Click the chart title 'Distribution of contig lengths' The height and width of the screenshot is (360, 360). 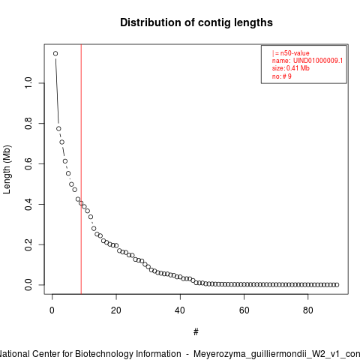click(196, 22)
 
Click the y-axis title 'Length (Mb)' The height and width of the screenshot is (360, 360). click(7, 169)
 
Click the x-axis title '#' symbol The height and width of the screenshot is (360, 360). click(196, 332)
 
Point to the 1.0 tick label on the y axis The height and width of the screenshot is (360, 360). click(28, 82)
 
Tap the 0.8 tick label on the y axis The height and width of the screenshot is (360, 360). click(28, 123)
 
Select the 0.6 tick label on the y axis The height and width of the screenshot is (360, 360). click(28, 163)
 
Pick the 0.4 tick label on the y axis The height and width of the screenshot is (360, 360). click(28, 204)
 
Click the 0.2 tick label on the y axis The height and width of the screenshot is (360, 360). click(28, 244)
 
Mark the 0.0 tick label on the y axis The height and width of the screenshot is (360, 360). click(28, 285)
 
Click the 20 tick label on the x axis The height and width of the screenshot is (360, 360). click(116, 310)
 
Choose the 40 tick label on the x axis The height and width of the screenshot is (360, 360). click(180, 310)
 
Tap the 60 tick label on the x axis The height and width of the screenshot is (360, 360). click(244, 310)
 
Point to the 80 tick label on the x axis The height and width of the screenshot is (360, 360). click(308, 310)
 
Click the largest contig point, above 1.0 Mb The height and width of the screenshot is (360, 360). click(55, 53)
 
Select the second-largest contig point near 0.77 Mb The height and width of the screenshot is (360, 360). click(58, 129)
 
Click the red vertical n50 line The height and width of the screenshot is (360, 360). click(81, 169)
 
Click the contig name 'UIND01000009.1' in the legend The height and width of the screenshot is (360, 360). click(318, 61)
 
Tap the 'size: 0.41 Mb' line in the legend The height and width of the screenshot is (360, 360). click(291, 68)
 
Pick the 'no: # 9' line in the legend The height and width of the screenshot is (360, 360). click(282, 76)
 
